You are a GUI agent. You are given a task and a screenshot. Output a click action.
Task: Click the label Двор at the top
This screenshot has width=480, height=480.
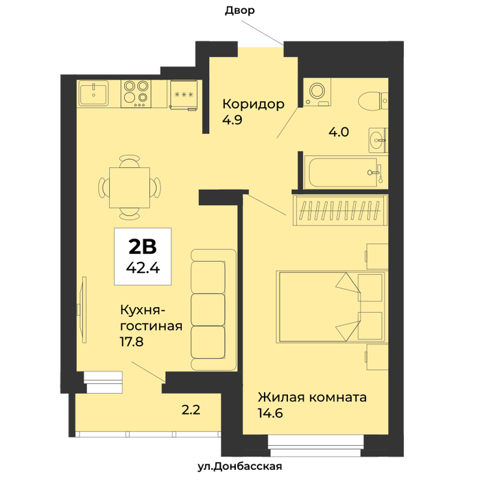(x=240, y=11)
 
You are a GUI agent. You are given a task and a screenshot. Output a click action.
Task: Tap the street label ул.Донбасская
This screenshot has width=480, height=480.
(x=240, y=466)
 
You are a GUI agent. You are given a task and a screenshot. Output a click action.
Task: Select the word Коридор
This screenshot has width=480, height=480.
(x=254, y=104)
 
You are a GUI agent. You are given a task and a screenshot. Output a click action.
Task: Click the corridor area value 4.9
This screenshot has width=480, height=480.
(x=232, y=120)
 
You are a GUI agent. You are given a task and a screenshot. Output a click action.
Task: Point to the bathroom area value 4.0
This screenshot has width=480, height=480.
(x=339, y=132)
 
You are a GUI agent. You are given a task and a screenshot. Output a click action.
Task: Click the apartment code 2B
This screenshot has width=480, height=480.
(x=143, y=247)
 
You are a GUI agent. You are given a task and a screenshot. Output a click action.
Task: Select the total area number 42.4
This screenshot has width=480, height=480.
(x=143, y=268)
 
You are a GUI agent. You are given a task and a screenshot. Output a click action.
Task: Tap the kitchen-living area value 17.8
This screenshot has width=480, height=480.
(x=132, y=341)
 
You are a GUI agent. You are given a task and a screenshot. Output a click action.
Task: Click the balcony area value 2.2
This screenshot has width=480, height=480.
(x=191, y=409)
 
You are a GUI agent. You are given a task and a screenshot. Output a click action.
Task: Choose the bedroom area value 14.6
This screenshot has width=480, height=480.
(x=270, y=413)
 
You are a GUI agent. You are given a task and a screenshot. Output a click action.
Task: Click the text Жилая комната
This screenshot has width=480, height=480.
(x=312, y=397)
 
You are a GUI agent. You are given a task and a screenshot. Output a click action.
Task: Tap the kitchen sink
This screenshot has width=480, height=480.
(x=93, y=93)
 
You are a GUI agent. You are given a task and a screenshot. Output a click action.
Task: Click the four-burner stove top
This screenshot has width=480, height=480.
(x=136, y=94)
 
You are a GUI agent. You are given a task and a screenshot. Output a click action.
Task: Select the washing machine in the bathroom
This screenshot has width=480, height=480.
(x=317, y=92)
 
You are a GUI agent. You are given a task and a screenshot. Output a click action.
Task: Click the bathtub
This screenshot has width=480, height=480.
(x=346, y=172)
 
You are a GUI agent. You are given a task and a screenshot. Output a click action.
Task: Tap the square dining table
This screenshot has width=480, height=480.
(x=130, y=188)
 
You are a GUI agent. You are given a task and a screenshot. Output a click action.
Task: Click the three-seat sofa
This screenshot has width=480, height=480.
(x=214, y=310)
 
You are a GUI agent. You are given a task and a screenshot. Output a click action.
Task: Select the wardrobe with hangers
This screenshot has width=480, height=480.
(x=340, y=211)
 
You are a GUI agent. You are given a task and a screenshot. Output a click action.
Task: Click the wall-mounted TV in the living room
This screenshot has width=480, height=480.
(x=83, y=309)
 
